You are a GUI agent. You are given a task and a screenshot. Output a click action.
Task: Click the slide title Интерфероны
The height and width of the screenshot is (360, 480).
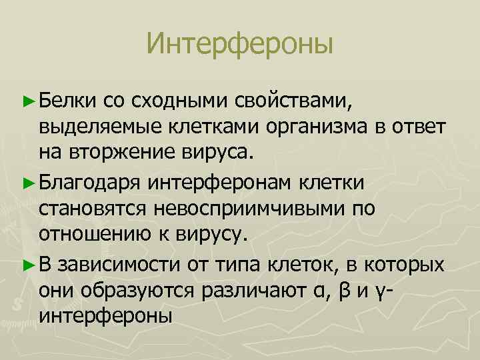coord(240,45)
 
